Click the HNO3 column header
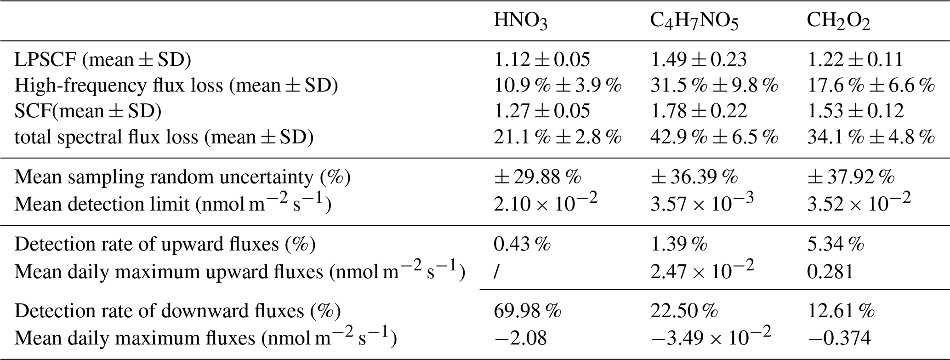pos(520,22)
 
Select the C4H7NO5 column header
pos(694,22)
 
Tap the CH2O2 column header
pos(839,22)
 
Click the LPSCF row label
pos(102,60)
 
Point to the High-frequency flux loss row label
pos(176,86)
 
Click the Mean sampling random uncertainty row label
pos(182,177)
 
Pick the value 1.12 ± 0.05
pos(542,60)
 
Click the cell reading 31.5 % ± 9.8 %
pos(714,86)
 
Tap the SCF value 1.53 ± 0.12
pos(856,111)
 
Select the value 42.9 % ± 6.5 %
pos(714,137)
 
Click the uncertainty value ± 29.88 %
pos(538,177)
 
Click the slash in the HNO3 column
pos(496,272)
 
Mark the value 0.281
pos(831,272)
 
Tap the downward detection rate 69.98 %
pos(528,311)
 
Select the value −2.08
pos(520,338)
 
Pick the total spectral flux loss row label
pos(164,137)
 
